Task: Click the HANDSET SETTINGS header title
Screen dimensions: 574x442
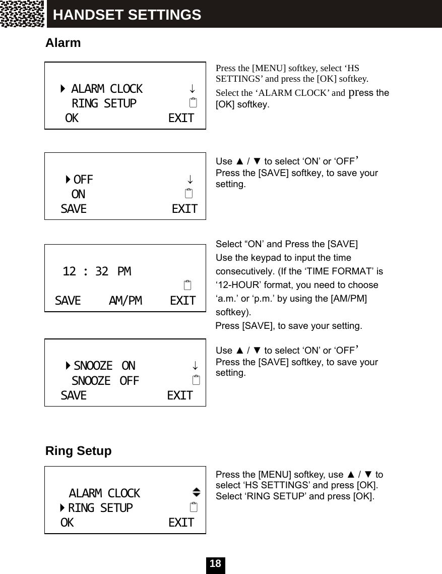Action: coord(127,15)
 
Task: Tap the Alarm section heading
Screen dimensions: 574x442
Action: coord(63,43)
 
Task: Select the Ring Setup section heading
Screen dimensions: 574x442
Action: coord(78,450)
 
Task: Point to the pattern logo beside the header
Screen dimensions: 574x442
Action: coord(23,14)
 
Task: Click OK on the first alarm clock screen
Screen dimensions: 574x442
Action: coord(72,119)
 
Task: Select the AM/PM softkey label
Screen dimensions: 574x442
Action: coord(125,301)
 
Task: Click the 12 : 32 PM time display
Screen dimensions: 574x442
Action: coord(96,272)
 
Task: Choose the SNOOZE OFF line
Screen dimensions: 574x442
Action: coord(105,381)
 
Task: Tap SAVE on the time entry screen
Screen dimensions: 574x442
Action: coord(68,301)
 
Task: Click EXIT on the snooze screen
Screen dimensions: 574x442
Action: coord(180,396)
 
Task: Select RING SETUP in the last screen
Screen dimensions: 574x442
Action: coord(100,508)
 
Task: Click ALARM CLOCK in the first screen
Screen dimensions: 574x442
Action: coord(106,89)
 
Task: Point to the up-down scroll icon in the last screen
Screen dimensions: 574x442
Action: coord(196,492)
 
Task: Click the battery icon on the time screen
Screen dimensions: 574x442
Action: coord(187,285)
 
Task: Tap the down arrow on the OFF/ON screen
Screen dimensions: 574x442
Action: coord(190,180)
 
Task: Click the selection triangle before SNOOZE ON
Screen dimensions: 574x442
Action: coord(68,366)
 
